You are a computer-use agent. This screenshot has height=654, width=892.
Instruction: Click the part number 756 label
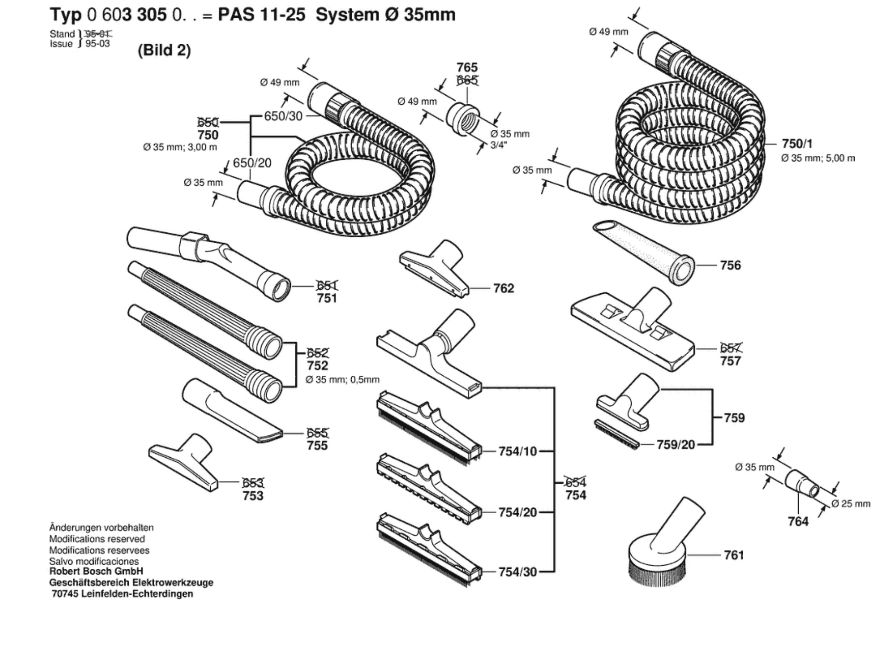[x=730, y=265]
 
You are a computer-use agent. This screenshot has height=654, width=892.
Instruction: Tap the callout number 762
[x=503, y=288]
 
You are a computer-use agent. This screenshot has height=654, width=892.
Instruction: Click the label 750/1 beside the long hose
[x=797, y=144]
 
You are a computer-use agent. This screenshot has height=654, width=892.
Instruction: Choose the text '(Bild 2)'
[x=164, y=50]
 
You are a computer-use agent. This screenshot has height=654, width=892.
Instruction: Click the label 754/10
[x=517, y=451]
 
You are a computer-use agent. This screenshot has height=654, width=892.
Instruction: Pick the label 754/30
[x=517, y=572]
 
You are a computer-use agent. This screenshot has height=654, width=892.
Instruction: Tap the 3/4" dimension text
[x=498, y=145]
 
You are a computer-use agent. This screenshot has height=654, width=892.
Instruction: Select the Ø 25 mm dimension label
[x=851, y=504]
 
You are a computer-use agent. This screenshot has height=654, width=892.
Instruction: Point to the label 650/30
[x=283, y=116]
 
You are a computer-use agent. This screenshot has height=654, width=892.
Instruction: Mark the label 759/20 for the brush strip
[x=675, y=445]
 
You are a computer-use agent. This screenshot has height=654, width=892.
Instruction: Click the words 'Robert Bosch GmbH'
[x=96, y=571]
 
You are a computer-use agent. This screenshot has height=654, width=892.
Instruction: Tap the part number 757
[x=730, y=361]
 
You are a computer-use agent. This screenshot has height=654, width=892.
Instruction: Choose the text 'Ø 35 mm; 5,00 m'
[x=818, y=158]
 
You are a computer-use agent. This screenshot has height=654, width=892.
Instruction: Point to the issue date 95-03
[x=97, y=44]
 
